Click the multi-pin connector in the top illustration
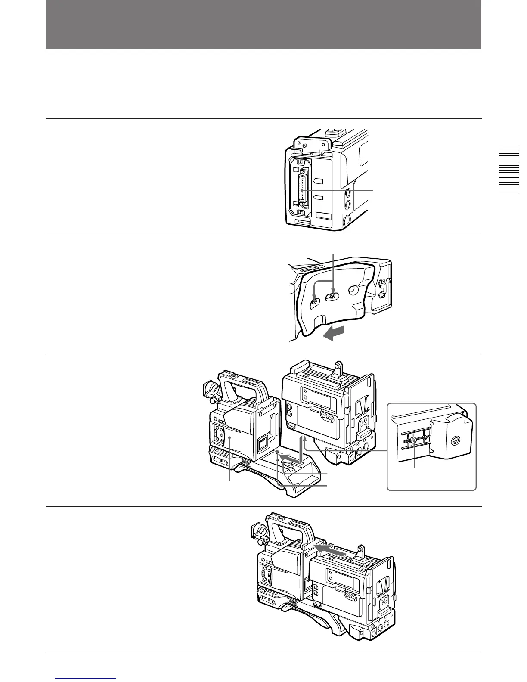[303, 190]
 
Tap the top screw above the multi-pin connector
[301, 162]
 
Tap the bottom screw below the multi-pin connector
[301, 213]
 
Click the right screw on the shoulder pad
[333, 296]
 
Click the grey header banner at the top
[263, 25]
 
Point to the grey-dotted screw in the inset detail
[414, 441]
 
